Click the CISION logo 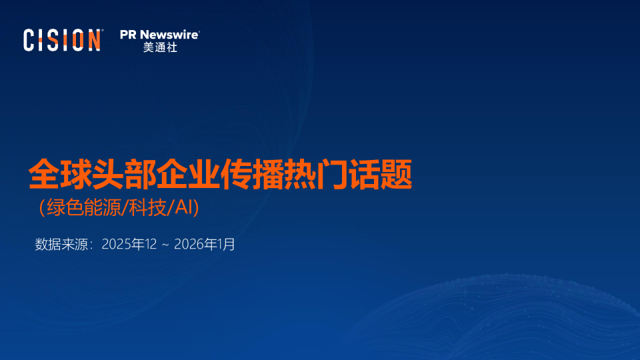point(63,40)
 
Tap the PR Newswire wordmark point(159,35)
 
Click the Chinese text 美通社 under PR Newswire point(159,48)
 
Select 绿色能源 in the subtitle point(79,208)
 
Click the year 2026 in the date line point(189,245)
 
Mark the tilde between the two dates point(165,245)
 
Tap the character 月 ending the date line point(229,245)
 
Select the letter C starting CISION point(29,40)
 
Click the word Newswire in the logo point(169,35)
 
